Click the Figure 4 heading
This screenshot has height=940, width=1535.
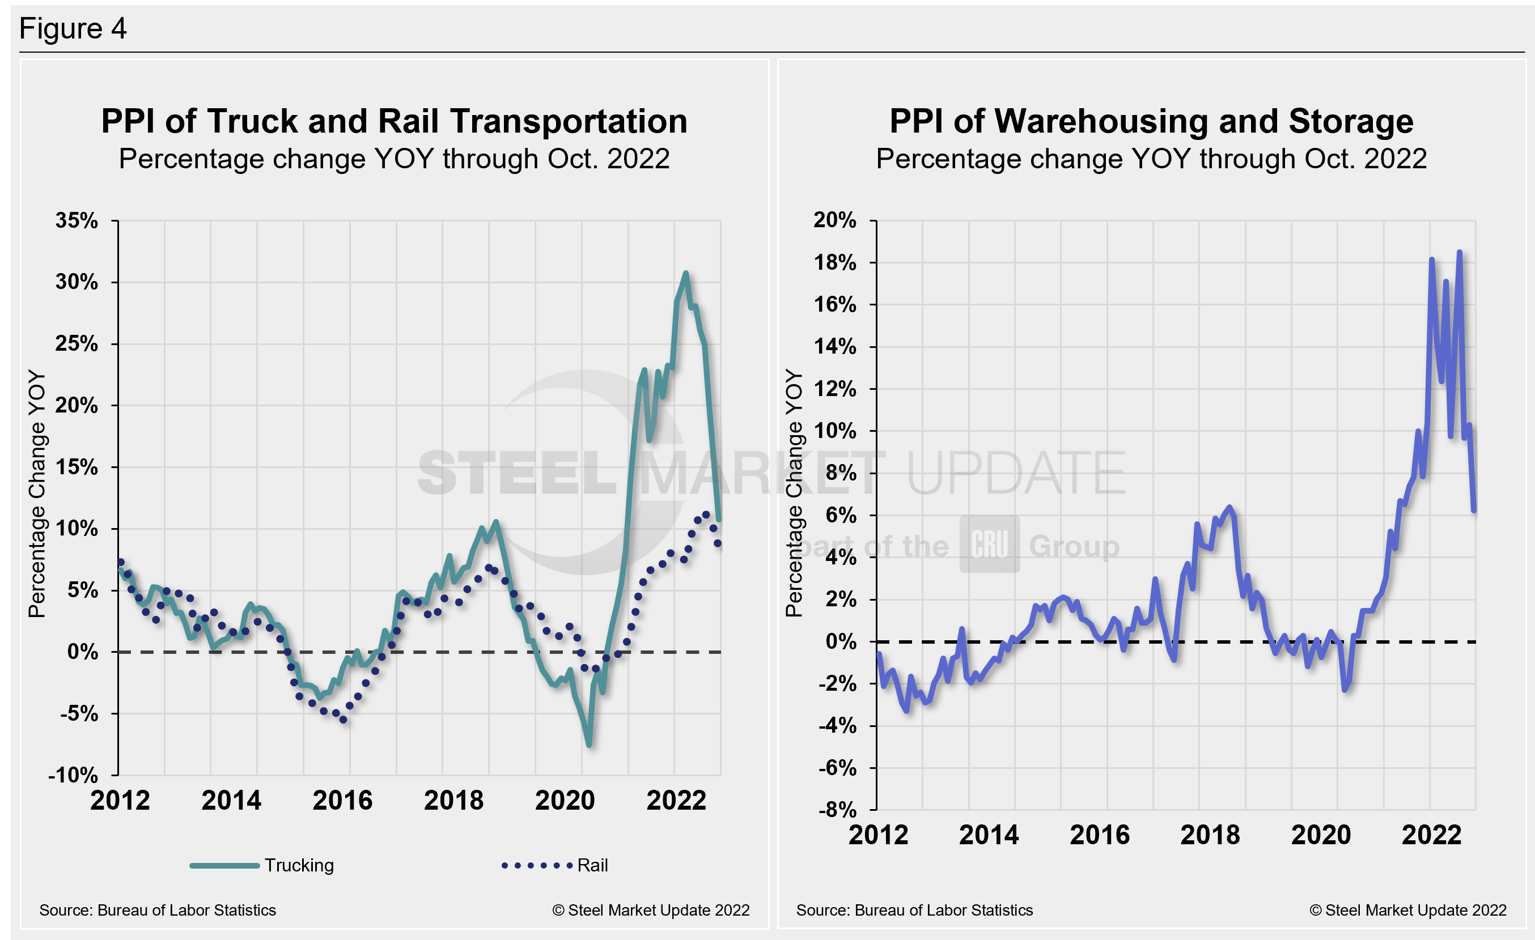click(73, 29)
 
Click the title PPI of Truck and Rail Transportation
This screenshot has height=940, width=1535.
click(394, 121)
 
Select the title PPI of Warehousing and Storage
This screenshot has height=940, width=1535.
click(1151, 121)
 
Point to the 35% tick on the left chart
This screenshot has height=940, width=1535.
click(77, 220)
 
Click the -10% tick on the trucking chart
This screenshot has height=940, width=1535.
click(74, 775)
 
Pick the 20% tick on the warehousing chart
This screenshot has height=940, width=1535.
click(834, 220)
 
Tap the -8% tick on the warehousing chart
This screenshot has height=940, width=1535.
click(837, 809)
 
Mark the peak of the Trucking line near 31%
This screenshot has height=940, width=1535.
click(685, 273)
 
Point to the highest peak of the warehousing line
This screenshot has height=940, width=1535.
click(1459, 253)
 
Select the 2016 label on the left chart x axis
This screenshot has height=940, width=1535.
click(342, 800)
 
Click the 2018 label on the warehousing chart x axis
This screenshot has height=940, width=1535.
click(1210, 835)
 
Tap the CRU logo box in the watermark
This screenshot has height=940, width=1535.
click(989, 543)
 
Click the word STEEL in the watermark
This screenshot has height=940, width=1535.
click(517, 473)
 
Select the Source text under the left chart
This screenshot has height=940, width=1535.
click(158, 910)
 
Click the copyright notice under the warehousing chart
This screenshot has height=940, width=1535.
click(1407, 910)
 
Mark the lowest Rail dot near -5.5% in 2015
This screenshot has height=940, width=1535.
click(344, 719)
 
